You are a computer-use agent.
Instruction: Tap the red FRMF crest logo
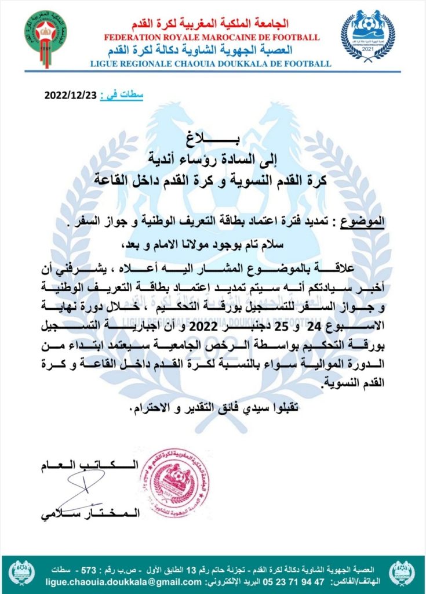pos(45,35)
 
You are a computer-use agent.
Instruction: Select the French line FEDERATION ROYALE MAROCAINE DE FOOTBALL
pos(212,37)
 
